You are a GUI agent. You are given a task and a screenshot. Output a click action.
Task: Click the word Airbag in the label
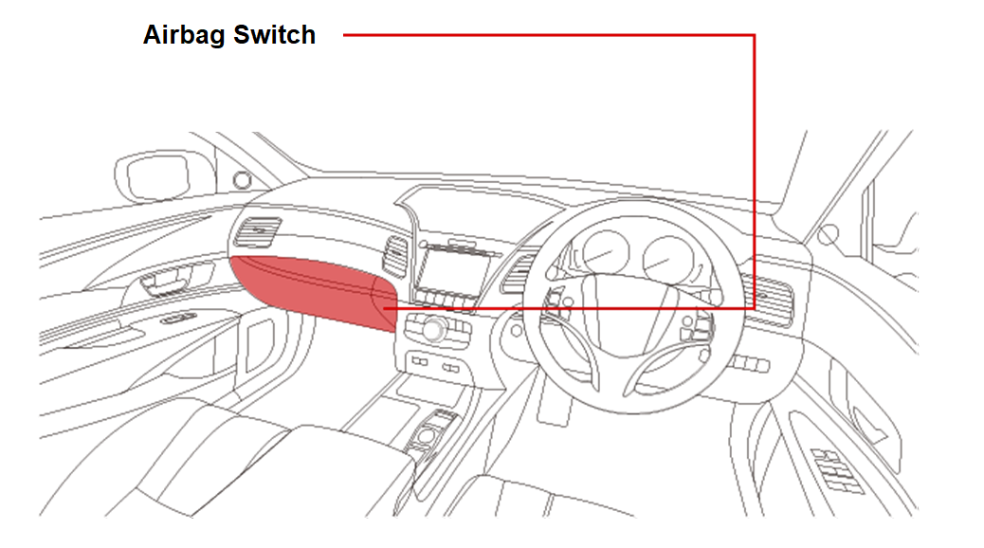coord(184,35)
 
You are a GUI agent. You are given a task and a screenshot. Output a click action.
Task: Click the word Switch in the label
coord(274,34)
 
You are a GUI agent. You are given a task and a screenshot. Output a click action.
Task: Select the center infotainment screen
coord(452,271)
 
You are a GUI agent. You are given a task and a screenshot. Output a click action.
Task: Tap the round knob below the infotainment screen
coord(434,328)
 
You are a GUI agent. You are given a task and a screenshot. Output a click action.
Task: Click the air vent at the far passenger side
coord(258,232)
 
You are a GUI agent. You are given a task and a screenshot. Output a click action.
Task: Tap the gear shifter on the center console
coord(428,433)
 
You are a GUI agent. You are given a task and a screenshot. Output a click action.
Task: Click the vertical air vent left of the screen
coord(395,256)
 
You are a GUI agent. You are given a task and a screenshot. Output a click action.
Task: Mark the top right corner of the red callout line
coord(754,35)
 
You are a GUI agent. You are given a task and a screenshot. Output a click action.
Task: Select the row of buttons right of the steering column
coord(749,363)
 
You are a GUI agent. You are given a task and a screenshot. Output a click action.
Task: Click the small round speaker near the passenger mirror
coord(243,181)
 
